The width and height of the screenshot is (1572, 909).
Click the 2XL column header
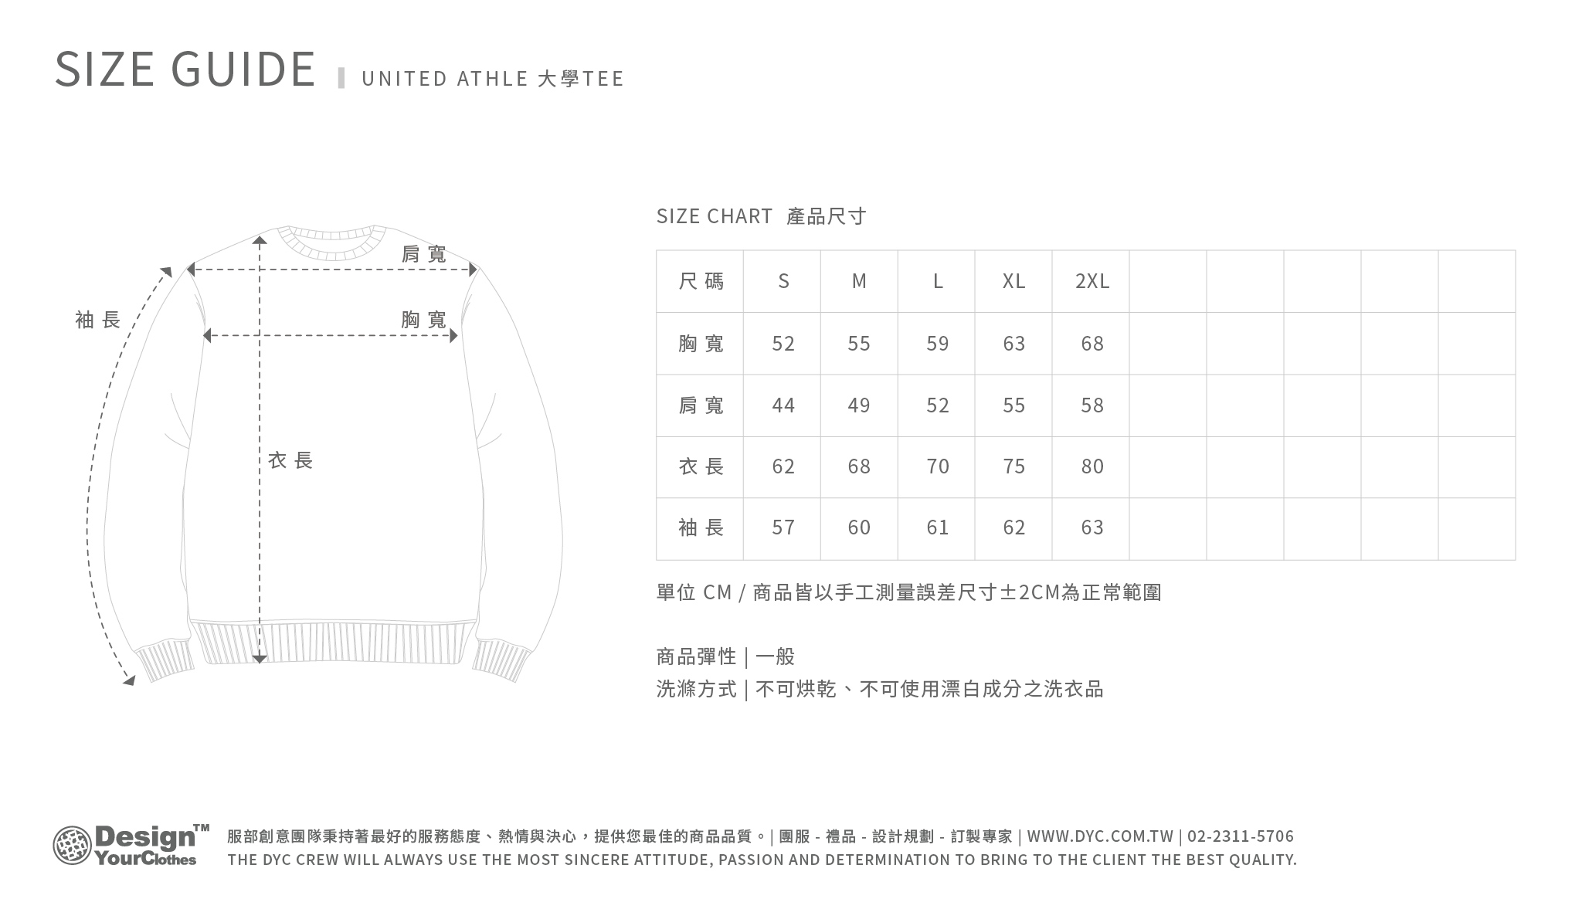1092,281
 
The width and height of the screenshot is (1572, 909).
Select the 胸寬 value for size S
783,344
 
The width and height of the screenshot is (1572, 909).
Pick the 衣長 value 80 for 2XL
1092,466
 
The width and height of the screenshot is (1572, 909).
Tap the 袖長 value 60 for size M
858,527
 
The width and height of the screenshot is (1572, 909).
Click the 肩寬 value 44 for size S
783,405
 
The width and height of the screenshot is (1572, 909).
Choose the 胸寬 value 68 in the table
1092,344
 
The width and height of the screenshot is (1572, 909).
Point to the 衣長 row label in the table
701,466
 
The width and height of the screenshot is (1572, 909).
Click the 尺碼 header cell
701,281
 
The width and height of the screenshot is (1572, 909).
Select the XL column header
1013,281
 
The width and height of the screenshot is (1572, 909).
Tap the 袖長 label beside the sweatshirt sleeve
98,320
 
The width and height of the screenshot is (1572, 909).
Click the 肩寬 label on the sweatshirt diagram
424,254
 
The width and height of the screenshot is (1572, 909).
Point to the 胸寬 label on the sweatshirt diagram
424,320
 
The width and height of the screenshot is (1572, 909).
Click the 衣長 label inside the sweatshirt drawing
290,461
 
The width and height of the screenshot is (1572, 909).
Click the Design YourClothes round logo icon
72,845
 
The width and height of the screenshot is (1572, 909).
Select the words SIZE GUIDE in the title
185,69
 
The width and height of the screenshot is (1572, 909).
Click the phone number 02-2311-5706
1241,836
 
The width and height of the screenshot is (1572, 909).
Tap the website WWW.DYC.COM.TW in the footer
1100,836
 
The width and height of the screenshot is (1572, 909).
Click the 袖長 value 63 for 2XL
1092,527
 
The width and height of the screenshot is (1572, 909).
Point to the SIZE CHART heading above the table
714,216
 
